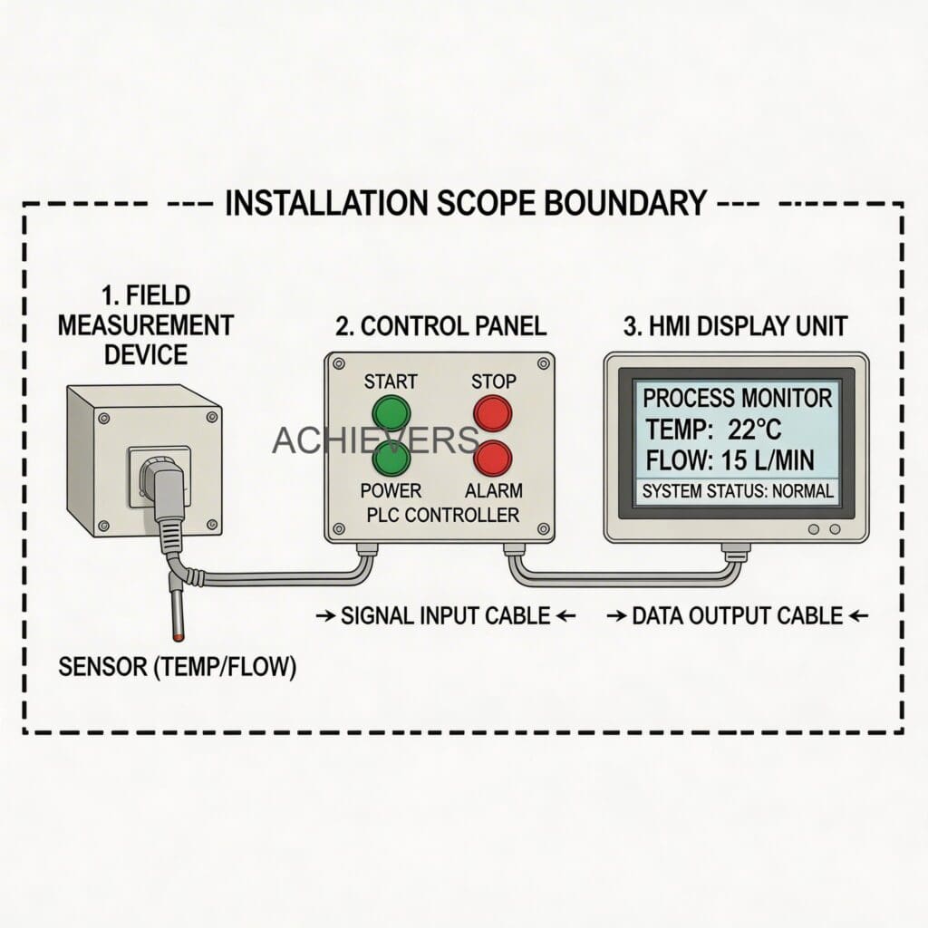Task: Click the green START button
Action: click(391, 413)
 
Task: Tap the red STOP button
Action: click(493, 413)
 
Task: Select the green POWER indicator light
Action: click(391, 459)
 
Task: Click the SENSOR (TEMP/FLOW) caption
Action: click(177, 668)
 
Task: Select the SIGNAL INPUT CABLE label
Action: click(445, 616)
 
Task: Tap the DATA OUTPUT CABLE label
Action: click(737, 616)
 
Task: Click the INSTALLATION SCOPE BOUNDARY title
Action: click(464, 203)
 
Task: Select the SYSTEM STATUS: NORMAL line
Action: click(737, 494)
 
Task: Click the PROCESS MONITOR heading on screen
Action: click(736, 397)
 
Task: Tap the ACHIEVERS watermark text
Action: click(375, 440)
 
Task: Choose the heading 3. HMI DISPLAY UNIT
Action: click(735, 324)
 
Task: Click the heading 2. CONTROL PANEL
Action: click(440, 324)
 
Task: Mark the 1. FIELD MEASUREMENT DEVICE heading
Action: click(145, 324)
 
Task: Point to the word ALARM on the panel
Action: click(493, 490)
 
